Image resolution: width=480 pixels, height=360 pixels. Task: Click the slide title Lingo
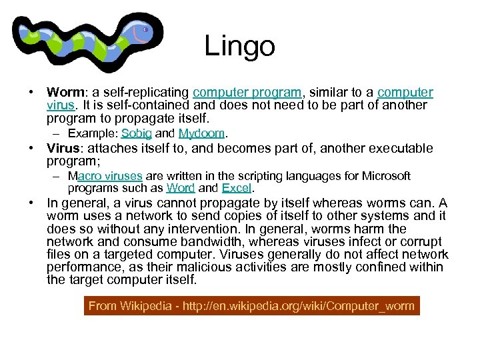coord(239,46)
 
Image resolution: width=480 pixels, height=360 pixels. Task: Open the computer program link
coord(247,93)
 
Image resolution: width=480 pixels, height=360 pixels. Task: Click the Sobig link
coord(137,133)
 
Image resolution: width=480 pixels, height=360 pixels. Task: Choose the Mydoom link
coord(203,133)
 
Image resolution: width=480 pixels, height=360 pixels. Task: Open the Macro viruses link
coord(105,176)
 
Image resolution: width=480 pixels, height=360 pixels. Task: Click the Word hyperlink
coord(180,188)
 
